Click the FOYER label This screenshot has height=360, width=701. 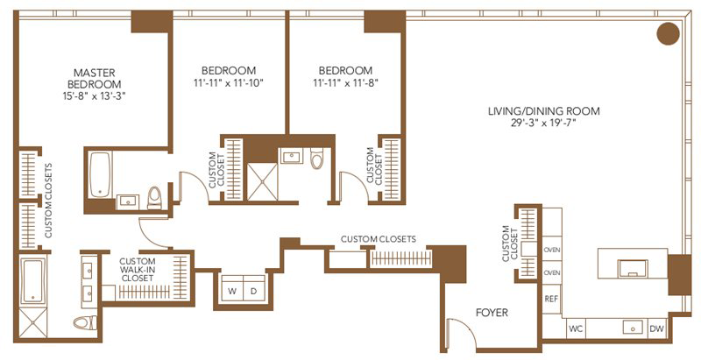tap(492, 312)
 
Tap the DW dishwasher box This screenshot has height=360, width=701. tap(656, 328)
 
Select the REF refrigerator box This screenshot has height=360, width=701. tap(552, 299)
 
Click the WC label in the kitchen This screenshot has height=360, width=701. tap(576, 329)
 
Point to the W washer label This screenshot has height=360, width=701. tap(232, 291)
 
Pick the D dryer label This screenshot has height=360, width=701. tap(253, 291)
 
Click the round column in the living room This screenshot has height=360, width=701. tap(668, 34)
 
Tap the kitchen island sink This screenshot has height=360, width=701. tap(633, 269)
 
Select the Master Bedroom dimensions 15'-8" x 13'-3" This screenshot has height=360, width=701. tap(95, 95)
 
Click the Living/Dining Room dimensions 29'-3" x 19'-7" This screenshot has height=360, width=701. tap(543, 123)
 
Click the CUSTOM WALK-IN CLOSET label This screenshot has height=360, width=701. tap(138, 269)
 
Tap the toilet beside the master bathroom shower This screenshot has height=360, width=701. tap(85, 322)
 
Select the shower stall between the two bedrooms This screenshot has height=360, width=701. tap(262, 181)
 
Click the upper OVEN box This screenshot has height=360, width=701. tap(552, 251)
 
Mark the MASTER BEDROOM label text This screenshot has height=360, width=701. tap(95, 78)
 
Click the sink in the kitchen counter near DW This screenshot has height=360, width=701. tap(633, 328)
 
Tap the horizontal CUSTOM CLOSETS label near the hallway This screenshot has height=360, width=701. tap(379, 239)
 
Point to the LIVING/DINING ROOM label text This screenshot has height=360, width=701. tap(543, 110)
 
